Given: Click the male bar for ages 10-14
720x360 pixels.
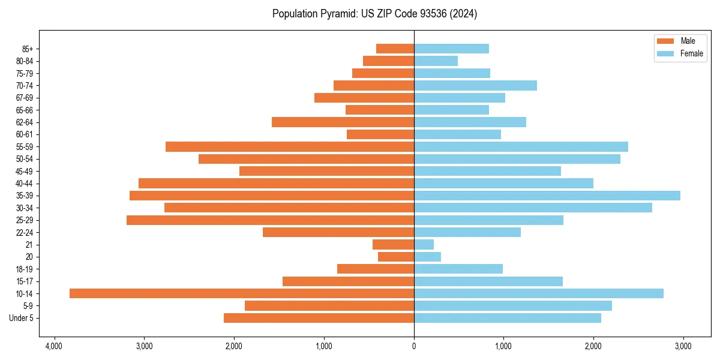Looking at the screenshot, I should tap(242, 293).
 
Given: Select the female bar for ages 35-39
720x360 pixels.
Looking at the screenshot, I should tap(547, 196).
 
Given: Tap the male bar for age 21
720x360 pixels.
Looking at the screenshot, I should tap(393, 245).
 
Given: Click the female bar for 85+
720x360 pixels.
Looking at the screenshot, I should tap(451, 49).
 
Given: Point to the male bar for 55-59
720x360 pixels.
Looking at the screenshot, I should tap(290, 147).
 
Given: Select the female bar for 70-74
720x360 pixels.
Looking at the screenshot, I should tap(475, 86).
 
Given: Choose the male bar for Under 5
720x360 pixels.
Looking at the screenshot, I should tap(319, 318).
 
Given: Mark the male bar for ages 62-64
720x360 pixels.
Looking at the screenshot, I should tap(343, 122).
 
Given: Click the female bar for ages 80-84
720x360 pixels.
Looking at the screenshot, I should tap(436, 61).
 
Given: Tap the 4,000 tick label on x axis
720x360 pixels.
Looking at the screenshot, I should tap(54, 346).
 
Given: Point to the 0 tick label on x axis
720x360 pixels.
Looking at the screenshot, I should tap(414, 346).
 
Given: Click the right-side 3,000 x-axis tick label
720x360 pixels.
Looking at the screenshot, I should tap(683, 346).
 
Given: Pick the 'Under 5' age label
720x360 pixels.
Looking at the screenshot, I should tap(21, 318).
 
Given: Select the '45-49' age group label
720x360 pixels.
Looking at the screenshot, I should tap(24, 171).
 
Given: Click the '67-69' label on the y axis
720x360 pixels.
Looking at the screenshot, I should tap(24, 98).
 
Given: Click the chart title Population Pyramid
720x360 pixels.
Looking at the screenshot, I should tap(374, 14).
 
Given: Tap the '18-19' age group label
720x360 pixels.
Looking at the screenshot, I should tap(24, 269).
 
